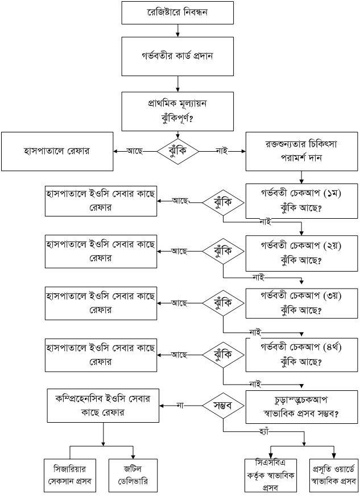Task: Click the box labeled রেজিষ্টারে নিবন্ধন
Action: point(177,12)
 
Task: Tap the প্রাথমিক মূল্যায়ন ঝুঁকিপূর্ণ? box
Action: point(177,111)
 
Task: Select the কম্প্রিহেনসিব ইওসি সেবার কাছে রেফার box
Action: point(103,405)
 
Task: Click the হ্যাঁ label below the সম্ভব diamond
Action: point(262,433)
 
